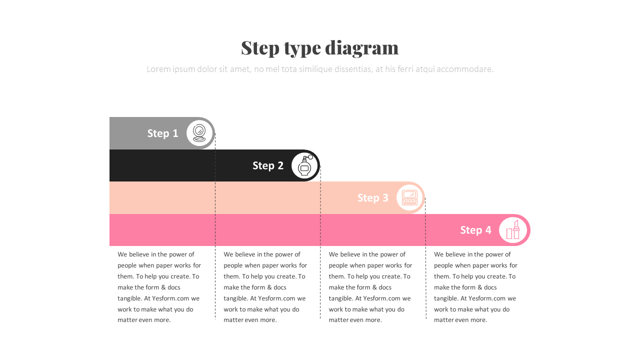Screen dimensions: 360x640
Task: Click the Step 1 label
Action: pos(162,133)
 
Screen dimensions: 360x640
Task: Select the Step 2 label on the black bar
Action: pos(268,165)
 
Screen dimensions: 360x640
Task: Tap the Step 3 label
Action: pos(373,198)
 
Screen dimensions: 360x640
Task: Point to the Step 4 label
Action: pos(476,230)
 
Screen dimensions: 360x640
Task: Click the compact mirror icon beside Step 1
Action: pos(199,133)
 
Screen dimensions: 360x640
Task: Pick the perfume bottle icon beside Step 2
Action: pos(304,165)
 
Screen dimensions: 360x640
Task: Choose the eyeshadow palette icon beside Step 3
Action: pos(410,197)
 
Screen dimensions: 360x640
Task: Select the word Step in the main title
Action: pos(260,48)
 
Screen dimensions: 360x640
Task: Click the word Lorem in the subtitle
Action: pos(157,69)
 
